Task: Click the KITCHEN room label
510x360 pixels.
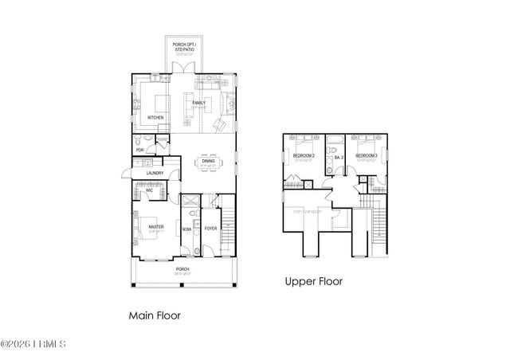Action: (x=155, y=118)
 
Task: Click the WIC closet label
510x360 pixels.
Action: (x=148, y=190)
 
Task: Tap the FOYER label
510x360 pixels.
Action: (x=210, y=229)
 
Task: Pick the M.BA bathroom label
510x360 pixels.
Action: (x=187, y=229)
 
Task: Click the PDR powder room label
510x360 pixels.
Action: (x=139, y=148)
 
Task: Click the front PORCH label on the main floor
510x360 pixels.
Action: (x=182, y=269)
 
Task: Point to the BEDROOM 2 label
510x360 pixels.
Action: (x=304, y=155)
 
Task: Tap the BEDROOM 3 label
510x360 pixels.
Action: (x=366, y=155)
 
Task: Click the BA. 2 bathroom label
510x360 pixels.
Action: (x=338, y=158)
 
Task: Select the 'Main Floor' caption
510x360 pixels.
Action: (x=155, y=315)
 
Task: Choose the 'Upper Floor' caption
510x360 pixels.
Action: (x=314, y=280)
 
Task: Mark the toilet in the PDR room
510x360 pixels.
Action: (x=140, y=140)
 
